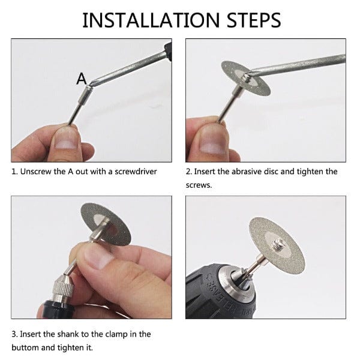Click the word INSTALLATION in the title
click(151, 20)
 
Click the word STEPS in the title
click(254, 20)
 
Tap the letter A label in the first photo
click(82, 79)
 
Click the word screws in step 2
click(198, 185)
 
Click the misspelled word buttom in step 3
click(25, 347)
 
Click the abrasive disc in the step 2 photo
click(245, 78)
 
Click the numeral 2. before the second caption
click(189, 172)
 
